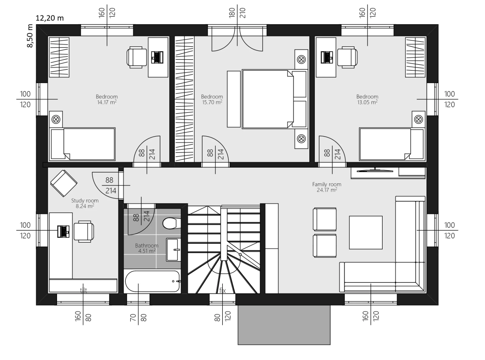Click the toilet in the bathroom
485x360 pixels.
(x=170, y=223)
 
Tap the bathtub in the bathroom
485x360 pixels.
(x=153, y=281)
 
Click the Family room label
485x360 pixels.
(x=326, y=184)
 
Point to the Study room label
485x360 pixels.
(x=85, y=200)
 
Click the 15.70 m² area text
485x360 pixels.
(x=212, y=102)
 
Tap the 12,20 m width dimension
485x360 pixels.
(x=50, y=18)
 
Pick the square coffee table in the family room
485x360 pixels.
(x=366, y=232)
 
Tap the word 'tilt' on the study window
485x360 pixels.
(x=84, y=290)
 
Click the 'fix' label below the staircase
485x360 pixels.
(x=222, y=290)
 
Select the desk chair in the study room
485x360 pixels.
(x=84, y=231)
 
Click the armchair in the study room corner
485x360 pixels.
(x=64, y=183)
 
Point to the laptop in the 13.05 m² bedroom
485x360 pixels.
(x=327, y=57)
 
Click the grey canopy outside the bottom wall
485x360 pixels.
(x=284, y=325)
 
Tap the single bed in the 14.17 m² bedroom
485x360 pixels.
(x=83, y=144)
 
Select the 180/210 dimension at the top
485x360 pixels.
(x=237, y=13)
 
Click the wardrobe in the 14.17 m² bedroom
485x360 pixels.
(x=59, y=57)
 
